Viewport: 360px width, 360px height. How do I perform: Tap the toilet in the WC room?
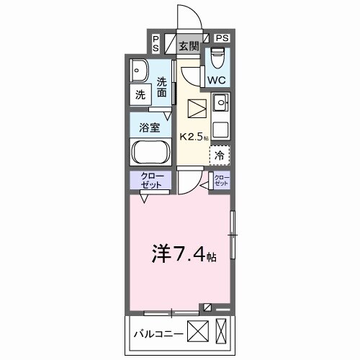tap(218, 57)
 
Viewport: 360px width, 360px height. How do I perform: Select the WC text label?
tap(218, 78)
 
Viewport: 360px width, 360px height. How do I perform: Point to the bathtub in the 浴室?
tap(150, 153)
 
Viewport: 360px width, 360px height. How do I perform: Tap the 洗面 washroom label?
tap(163, 88)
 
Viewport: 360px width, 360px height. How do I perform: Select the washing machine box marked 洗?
tap(140, 94)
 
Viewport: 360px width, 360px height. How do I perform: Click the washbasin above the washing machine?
tap(140, 70)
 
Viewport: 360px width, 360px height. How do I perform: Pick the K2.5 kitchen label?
tap(192, 136)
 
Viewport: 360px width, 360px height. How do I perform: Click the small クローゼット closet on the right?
tap(220, 180)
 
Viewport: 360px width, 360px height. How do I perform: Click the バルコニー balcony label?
tap(158, 333)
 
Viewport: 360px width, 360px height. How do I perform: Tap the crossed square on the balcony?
tap(198, 333)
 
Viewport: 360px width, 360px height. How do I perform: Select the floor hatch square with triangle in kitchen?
tap(197, 109)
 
